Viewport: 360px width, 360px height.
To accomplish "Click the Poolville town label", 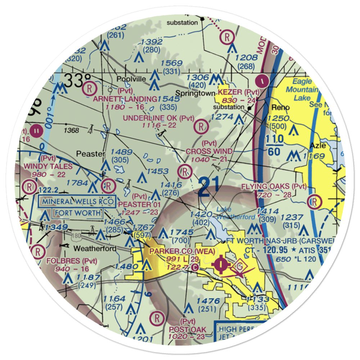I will point(131,79).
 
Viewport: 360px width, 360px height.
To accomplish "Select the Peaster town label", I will point(90,154).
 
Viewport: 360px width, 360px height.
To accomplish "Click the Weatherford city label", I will point(95,249).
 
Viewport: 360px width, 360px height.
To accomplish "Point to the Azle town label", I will point(319,146).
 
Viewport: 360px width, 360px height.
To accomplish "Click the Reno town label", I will point(278,108).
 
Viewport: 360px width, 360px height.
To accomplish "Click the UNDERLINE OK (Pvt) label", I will point(158,118).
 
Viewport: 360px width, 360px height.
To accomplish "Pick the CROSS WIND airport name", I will point(209,151).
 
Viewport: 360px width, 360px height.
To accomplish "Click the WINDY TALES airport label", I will point(48,166).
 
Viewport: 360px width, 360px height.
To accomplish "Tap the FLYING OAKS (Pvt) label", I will point(274,186).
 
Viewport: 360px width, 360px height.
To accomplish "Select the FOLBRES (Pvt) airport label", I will point(64,260).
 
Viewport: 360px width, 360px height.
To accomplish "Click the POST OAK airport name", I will point(188,329).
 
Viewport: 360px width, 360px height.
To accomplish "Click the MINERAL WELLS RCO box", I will point(78,201).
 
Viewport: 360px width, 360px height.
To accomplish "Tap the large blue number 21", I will point(204,187).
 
